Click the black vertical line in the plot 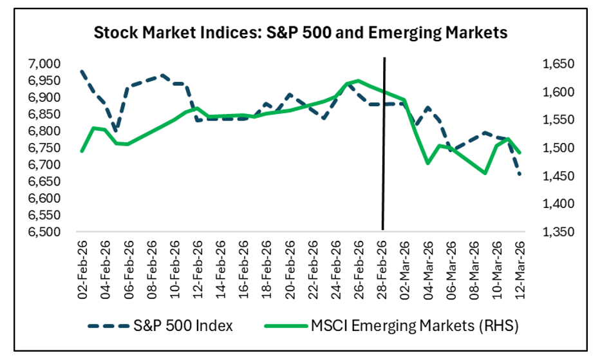click(x=384, y=142)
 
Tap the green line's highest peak click(x=358, y=81)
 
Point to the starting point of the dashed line click(x=81, y=71)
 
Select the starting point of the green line click(x=81, y=151)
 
